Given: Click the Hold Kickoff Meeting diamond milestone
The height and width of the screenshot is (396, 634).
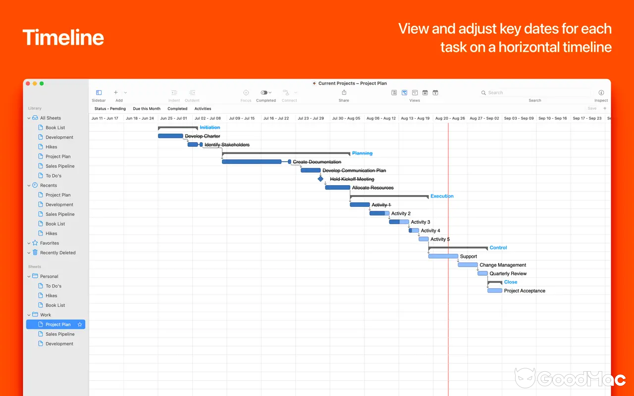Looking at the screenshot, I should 320,179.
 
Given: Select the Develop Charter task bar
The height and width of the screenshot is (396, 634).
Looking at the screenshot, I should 170,136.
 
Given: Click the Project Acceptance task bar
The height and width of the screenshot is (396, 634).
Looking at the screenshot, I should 494,291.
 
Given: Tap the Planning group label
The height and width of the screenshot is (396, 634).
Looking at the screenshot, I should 362,153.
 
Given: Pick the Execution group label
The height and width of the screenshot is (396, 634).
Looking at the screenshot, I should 442,196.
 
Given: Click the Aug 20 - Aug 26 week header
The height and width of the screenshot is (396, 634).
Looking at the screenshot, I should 450,118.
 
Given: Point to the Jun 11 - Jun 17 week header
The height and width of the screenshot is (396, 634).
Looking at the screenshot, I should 105,118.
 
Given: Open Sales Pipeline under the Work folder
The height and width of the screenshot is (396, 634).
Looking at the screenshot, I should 60,334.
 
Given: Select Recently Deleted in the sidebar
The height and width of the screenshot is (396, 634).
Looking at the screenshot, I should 57,252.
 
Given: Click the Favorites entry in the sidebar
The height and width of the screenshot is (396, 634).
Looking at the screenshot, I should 49,243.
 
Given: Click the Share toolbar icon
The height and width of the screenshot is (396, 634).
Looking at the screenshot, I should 344,93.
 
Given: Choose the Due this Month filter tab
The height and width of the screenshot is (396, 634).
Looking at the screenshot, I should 147,108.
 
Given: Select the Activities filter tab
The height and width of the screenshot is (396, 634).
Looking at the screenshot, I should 203,108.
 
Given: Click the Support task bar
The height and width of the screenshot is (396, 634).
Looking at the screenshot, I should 443,256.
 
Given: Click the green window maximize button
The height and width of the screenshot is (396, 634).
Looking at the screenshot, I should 42,84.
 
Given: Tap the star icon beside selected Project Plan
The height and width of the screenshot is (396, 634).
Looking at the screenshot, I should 80,325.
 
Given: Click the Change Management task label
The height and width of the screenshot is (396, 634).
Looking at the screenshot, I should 503,265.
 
